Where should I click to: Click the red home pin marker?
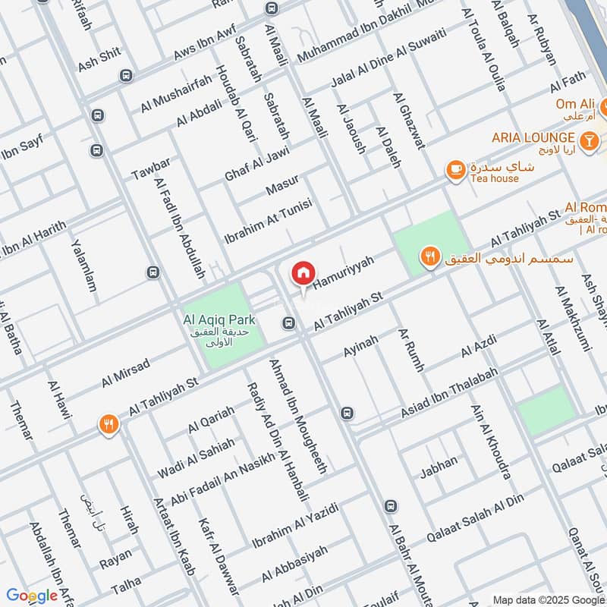[x=303, y=272]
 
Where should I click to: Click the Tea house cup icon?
[x=455, y=169]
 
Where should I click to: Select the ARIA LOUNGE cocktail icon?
[x=587, y=140]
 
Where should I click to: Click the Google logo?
[x=31, y=596]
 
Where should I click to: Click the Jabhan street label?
[x=439, y=462]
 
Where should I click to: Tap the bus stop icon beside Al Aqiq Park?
[x=288, y=324]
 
